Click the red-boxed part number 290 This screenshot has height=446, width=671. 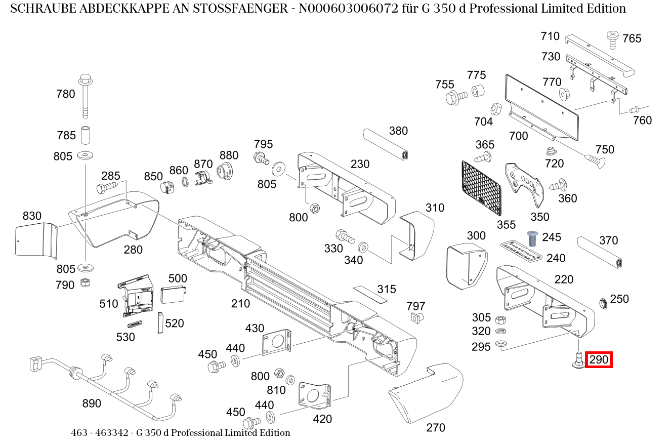pos(599,359)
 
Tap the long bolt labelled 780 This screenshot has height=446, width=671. pos(86,96)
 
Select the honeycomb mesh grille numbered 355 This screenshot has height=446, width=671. pos(481,188)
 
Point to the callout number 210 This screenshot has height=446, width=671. pos(240,304)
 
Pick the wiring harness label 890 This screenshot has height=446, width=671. pos(92,403)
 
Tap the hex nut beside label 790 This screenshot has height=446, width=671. pos(86,282)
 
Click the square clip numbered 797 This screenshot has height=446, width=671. pos(416,318)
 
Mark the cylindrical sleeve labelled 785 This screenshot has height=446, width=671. pos(86,135)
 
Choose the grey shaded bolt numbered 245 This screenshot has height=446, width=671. pos(532,238)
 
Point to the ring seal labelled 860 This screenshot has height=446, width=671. pos(185,182)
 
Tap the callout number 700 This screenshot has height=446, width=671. pos(519,136)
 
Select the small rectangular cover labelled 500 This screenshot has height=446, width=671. pos(174,295)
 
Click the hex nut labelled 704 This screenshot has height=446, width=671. pos(496,109)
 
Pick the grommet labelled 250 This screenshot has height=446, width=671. pos(603,304)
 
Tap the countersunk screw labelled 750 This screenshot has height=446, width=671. pos(595,161)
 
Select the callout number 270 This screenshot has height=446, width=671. pos(436,428)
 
